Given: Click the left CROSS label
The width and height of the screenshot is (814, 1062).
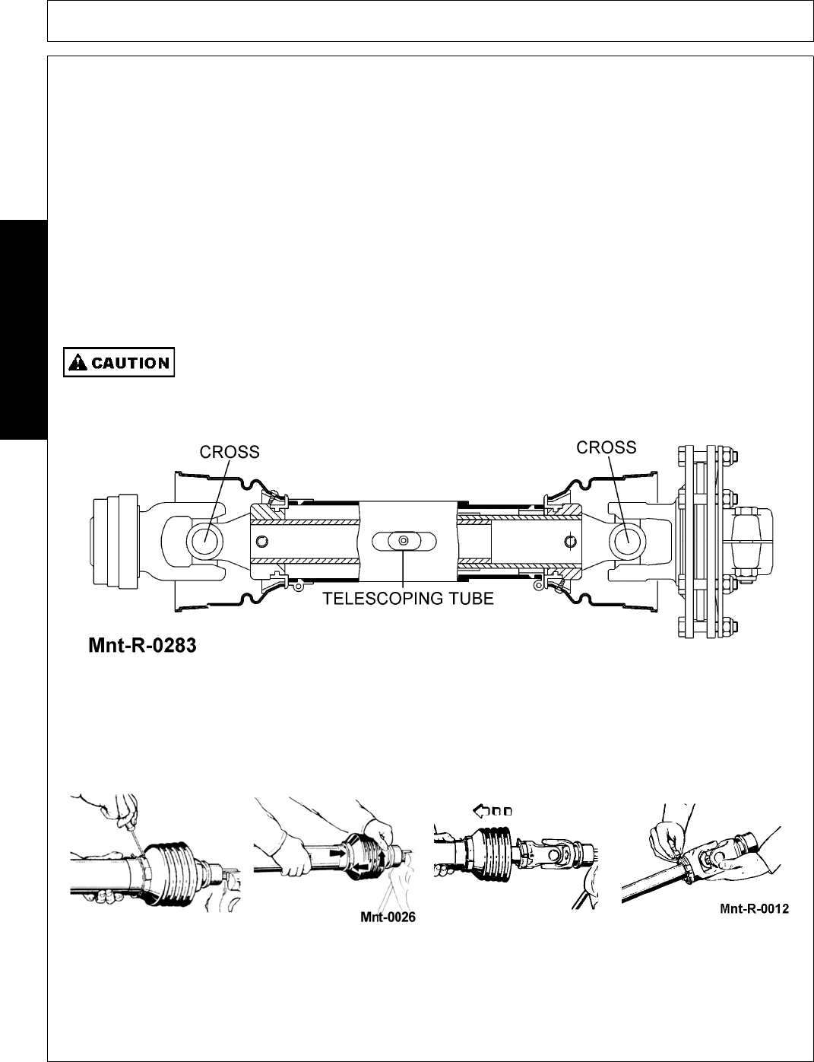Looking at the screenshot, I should (230, 452).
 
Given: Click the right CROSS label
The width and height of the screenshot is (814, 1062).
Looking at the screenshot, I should (607, 447).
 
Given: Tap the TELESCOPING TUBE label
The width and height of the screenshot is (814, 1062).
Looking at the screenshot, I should (408, 599).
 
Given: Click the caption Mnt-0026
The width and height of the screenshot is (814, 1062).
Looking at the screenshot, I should (388, 917).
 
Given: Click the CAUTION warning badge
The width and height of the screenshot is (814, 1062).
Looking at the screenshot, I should (119, 363).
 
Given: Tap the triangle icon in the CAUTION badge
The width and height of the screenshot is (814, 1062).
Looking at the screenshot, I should (78, 363).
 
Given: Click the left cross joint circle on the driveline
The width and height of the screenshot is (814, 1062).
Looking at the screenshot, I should (204, 540).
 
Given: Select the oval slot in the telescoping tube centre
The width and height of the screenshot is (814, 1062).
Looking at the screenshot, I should (404, 540).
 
